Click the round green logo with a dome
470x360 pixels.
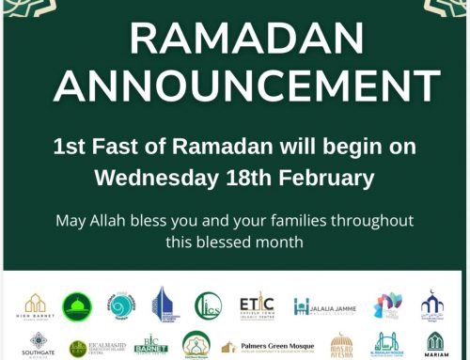77,306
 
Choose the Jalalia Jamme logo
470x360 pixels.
324,306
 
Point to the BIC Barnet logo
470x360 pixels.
150,345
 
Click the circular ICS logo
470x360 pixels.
208,306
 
